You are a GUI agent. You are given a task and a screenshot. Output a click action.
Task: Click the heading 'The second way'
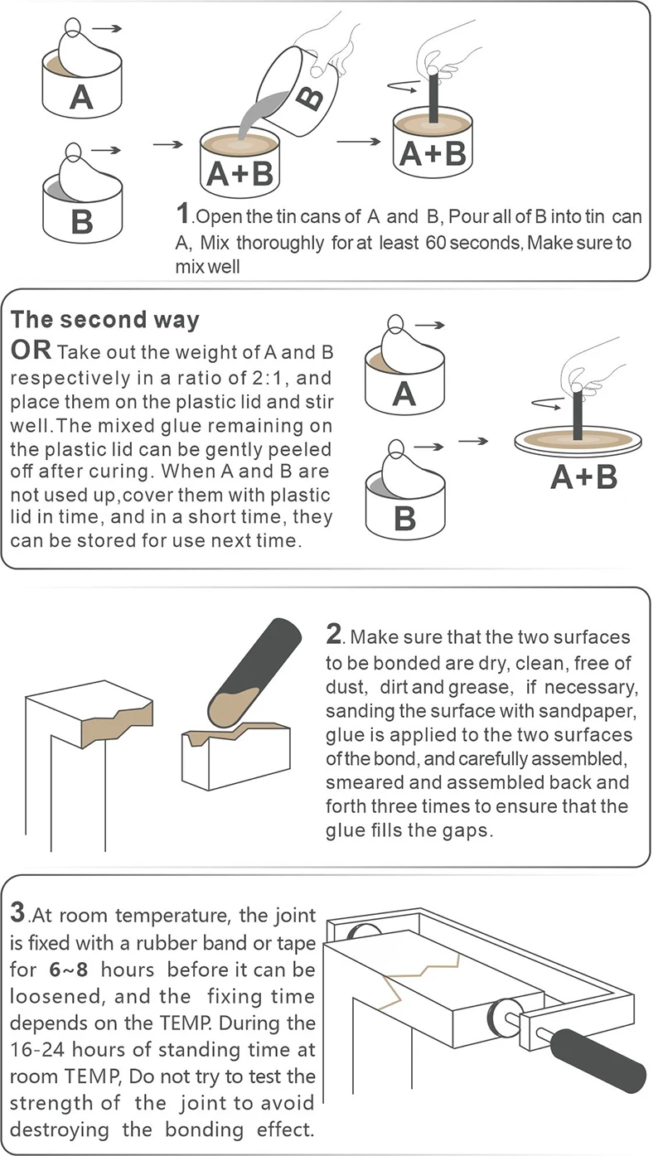pos(104,320)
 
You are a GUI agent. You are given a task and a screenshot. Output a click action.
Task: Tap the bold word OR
pos(31,351)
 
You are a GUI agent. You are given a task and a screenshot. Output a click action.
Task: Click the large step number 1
pos(182,213)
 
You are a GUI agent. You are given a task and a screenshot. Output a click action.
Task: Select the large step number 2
pos(334,634)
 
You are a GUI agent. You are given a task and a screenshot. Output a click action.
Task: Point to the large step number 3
pos(17,913)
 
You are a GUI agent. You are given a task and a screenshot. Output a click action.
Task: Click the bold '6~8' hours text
pos(69,970)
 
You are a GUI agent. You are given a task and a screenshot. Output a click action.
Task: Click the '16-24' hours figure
pos(39,1050)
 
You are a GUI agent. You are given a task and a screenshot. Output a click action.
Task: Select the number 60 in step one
pos(436,242)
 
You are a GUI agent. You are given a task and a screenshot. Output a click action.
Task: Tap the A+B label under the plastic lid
pos(584,476)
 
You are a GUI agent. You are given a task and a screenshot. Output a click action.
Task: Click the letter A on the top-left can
pos(81,97)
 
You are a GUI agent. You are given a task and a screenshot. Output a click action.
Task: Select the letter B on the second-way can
pos(404,518)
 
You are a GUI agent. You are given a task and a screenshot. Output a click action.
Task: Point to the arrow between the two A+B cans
pos(359,141)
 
